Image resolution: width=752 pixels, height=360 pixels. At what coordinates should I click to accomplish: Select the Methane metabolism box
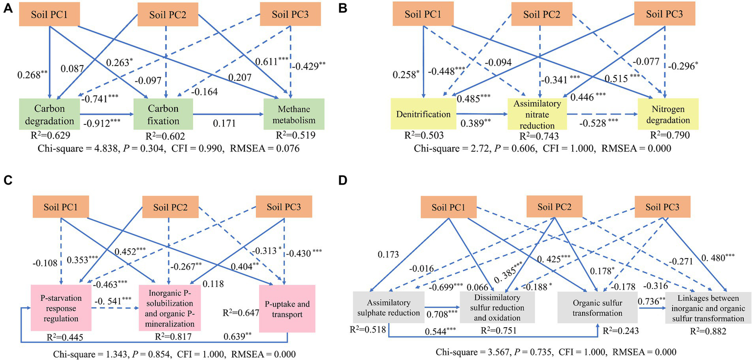click(x=291, y=115)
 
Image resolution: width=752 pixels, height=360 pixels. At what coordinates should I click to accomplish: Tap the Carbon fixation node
click(x=163, y=115)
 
